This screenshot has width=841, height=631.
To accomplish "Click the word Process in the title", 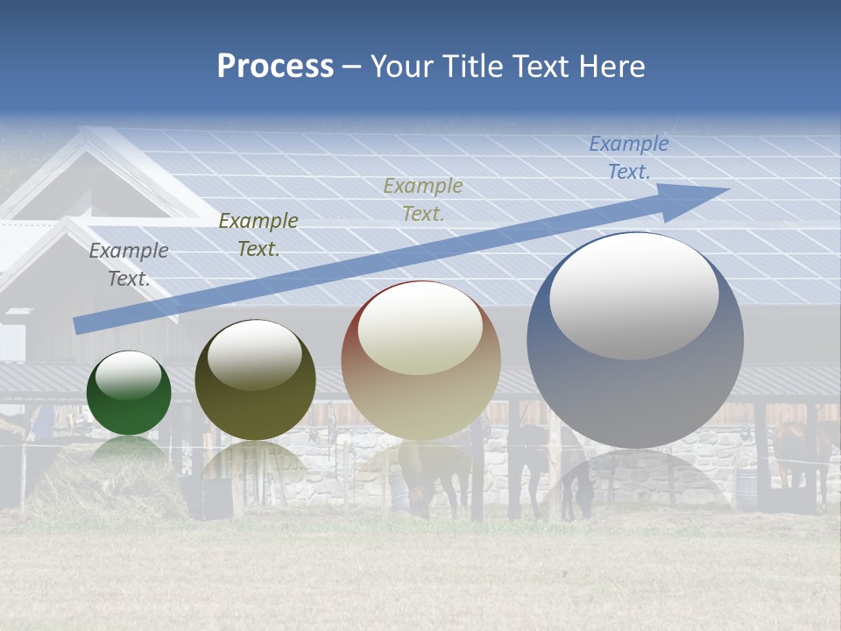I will pos(275,67).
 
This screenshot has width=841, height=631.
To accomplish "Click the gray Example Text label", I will pos(129,265).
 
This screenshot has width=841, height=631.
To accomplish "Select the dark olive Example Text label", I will pos(258,235).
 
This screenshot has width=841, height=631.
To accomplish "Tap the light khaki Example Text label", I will pos(422,199).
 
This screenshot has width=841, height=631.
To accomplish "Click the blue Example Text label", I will pos(628,158).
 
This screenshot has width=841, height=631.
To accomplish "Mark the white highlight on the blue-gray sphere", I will pos(633,296).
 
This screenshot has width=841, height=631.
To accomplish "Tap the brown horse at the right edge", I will pos(802,447).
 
